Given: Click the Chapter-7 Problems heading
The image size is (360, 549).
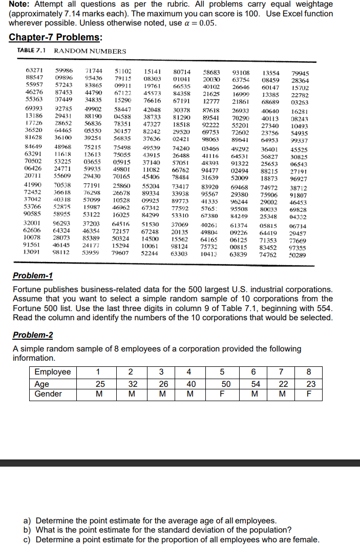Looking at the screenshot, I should [55, 38].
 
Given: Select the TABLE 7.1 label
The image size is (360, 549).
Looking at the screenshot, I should [32, 51].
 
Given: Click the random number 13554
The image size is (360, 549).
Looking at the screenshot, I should [271, 73].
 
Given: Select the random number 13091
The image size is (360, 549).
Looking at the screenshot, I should [33, 253].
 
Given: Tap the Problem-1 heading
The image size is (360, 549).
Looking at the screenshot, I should [33, 276].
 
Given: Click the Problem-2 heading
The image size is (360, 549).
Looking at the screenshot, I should [33, 335].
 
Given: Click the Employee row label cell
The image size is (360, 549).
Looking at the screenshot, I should [52, 372].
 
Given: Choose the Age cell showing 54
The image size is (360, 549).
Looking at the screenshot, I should [256, 383].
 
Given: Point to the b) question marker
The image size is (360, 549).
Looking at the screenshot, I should [30, 530].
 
